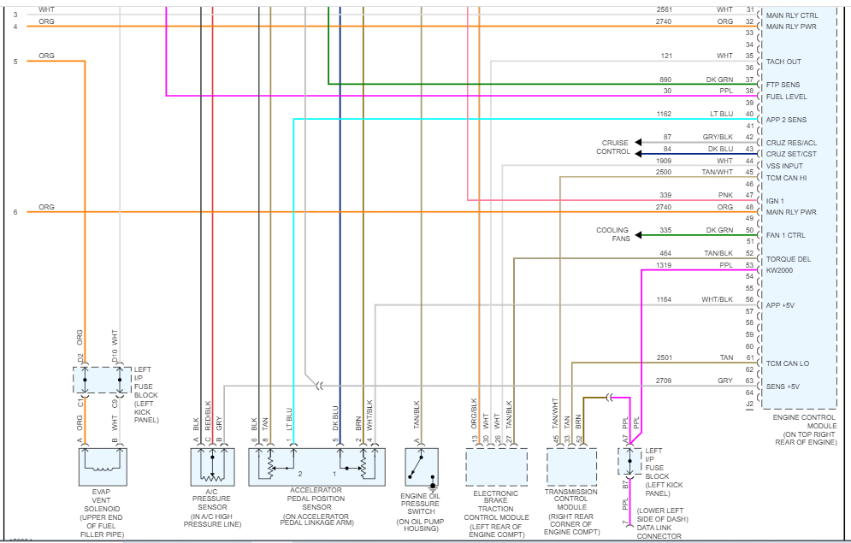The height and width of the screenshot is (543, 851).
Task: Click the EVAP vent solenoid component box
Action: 102,467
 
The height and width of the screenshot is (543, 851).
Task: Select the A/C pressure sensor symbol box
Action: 211,467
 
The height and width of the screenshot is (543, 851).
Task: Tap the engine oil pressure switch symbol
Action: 422,467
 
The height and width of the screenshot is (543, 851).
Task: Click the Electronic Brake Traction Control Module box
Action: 496,467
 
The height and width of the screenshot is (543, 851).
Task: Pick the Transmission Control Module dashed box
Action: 571,467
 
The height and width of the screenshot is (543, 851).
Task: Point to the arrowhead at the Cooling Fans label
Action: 639,234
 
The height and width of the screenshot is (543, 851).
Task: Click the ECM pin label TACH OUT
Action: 783,62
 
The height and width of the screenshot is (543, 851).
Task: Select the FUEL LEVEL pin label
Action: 786,97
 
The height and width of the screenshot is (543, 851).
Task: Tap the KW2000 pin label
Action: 781,269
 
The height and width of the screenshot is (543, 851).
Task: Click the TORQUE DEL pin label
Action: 787,258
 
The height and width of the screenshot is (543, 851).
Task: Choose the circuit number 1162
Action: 664,114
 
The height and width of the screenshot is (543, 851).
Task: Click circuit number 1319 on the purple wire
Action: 664,265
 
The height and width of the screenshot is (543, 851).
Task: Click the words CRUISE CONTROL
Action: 614,147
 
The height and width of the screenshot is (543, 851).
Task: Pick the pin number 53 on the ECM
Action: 750,265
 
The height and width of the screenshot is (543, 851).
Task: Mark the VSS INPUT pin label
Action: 784,166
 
